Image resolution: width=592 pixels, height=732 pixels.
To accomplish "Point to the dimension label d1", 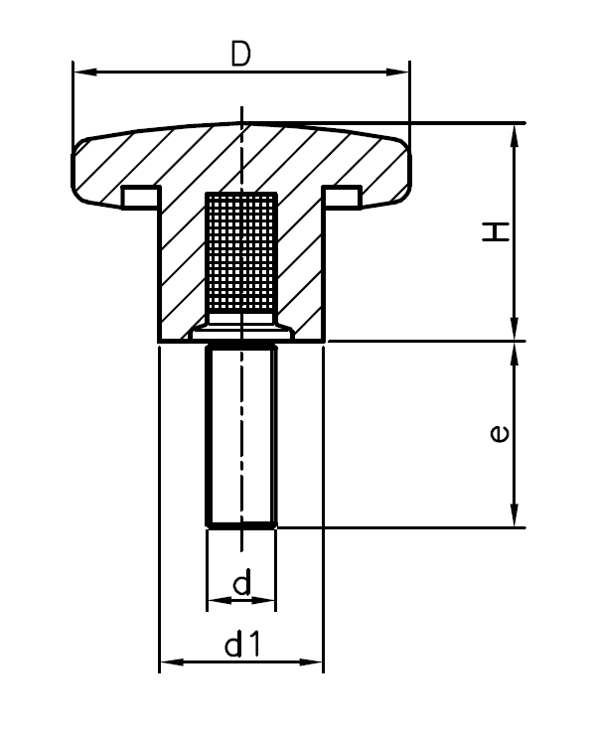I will tap(241, 646).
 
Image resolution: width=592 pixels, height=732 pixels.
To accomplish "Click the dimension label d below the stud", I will tap(241, 585).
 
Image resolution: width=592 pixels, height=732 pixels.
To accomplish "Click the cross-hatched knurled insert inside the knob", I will tap(241, 253).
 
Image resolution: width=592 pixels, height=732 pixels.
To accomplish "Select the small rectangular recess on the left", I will tap(138, 197).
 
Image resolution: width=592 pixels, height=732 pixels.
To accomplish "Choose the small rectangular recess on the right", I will tap(344, 197).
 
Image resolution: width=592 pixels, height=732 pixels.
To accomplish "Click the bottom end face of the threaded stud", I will tap(241, 523).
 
